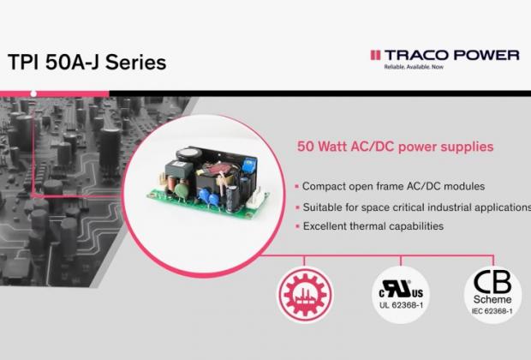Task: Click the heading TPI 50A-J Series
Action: tap(87, 63)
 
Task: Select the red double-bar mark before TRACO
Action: tap(374, 55)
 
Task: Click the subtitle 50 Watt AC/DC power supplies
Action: tap(395, 147)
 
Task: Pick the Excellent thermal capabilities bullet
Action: tap(371, 226)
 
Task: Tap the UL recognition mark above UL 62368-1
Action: tap(400, 286)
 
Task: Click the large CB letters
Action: tap(492, 284)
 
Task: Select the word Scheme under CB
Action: tap(492, 301)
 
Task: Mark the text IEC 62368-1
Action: tap(492, 313)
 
